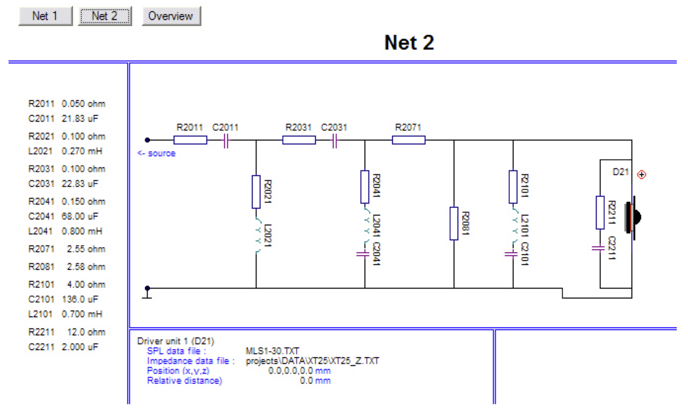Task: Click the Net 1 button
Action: point(45,16)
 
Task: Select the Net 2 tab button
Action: point(104,16)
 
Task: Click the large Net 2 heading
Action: point(409,42)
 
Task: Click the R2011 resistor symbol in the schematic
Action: point(190,140)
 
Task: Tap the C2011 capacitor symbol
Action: point(226,141)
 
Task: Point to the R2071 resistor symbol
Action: point(409,140)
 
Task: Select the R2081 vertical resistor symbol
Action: point(454,223)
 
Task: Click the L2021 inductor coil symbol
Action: point(258,236)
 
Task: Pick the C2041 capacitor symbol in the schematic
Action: point(363,254)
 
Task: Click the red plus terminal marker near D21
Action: point(642,174)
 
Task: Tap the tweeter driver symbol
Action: point(633,218)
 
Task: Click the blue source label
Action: point(156,153)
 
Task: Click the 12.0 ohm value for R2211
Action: point(86,332)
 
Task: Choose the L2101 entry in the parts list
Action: point(40,314)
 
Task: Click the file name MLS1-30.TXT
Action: point(273,351)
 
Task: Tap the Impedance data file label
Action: point(191,361)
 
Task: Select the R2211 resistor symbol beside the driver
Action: point(600,212)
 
